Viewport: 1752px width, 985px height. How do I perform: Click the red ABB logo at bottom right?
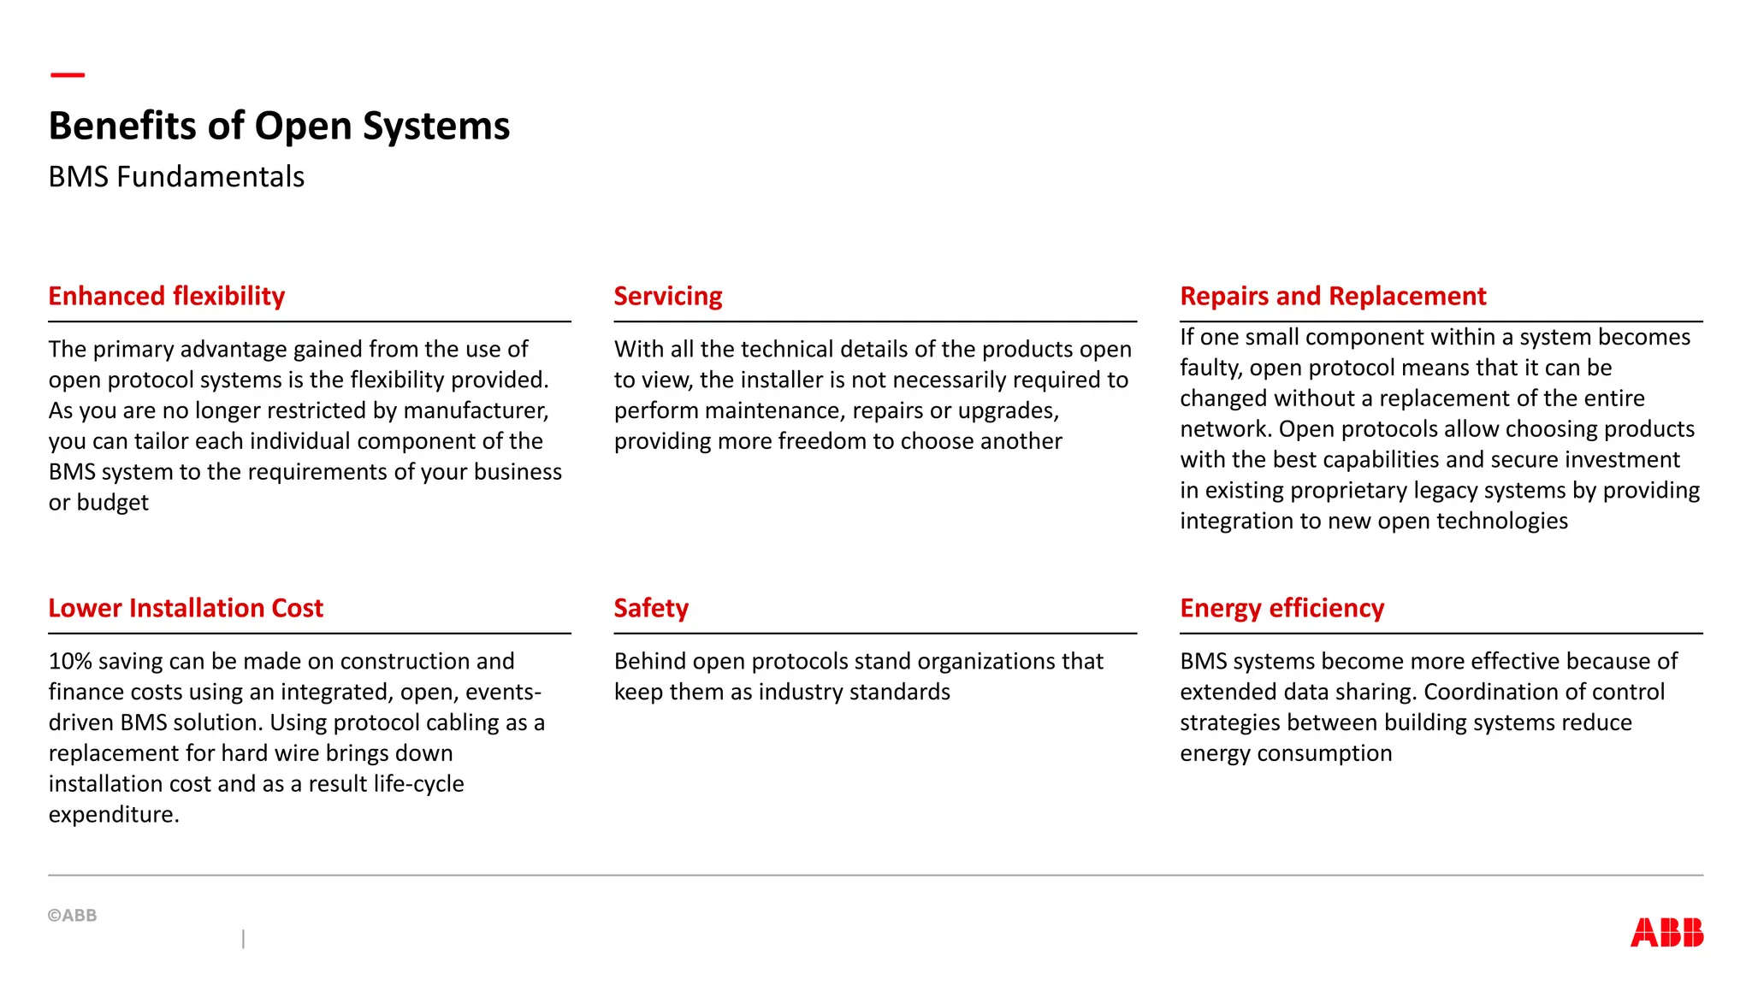[1666, 932]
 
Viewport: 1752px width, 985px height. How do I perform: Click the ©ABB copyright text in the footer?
[73, 915]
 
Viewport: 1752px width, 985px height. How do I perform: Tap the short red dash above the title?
[68, 75]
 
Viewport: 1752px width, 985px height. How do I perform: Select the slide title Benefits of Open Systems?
[279, 126]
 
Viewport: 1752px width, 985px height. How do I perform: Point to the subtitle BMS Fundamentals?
[176, 177]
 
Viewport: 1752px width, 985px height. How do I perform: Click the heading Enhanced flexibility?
[167, 296]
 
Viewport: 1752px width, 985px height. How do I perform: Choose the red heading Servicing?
[668, 296]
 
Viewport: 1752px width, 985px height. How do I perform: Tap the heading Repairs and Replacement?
[1333, 296]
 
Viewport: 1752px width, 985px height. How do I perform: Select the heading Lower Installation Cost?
[186, 608]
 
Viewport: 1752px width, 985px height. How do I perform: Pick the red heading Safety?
[651, 608]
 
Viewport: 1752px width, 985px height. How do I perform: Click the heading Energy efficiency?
[1281, 608]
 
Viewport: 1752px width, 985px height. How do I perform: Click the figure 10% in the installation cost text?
[70, 661]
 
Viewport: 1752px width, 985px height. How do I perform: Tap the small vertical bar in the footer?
[244, 939]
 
